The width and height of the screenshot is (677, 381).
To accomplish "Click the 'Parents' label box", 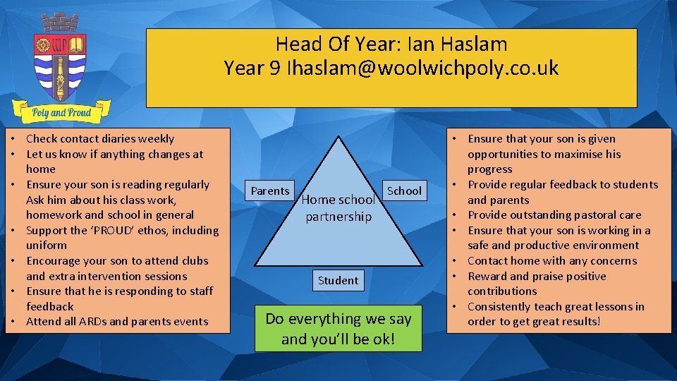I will [270, 190].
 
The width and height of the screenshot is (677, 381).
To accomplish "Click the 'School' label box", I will [404, 190].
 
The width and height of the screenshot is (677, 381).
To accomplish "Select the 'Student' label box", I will [338, 280].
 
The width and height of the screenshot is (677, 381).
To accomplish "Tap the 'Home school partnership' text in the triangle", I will [338, 208].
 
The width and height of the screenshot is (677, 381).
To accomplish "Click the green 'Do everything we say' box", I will [338, 329].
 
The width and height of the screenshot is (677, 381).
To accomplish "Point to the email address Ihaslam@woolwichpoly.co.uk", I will [422, 68].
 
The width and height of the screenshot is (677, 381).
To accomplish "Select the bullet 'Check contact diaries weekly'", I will [99, 139].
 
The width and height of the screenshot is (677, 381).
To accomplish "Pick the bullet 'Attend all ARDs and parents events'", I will [116, 322].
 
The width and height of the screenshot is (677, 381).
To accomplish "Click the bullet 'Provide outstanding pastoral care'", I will [554, 215].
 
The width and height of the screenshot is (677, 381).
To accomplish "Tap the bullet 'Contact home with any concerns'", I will [551, 261].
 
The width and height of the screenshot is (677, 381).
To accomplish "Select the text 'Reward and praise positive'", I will [537, 276].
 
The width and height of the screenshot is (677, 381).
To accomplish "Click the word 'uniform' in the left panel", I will [47, 246].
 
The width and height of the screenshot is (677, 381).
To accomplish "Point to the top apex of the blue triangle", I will [338, 138].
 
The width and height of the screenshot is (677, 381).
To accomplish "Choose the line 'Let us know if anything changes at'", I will [114, 154].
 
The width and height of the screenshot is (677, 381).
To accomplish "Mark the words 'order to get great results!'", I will [534, 322].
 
